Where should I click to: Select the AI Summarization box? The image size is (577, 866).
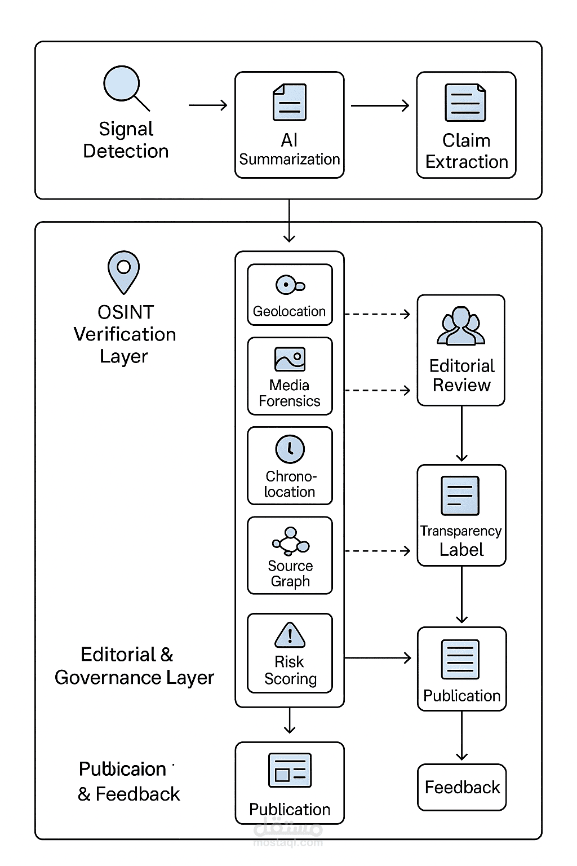point(289,125)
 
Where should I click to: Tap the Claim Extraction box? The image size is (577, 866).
point(466,125)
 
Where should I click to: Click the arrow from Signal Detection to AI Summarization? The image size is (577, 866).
point(208,105)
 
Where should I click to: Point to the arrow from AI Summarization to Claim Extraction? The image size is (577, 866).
point(380,105)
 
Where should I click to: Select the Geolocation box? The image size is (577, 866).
point(290,295)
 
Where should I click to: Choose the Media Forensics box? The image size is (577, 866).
point(290,376)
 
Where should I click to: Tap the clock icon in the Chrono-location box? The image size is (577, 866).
point(290,449)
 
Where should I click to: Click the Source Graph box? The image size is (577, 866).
point(290,555)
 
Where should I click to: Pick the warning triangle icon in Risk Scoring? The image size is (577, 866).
point(290,635)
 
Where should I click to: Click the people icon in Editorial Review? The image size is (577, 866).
point(461,326)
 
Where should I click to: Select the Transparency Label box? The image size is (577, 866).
point(461,515)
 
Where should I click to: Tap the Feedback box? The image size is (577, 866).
point(462,787)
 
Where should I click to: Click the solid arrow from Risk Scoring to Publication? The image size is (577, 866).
point(378,658)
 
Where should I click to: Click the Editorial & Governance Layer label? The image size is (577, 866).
point(134,666)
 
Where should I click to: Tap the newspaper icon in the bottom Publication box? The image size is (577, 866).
point(290,770)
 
